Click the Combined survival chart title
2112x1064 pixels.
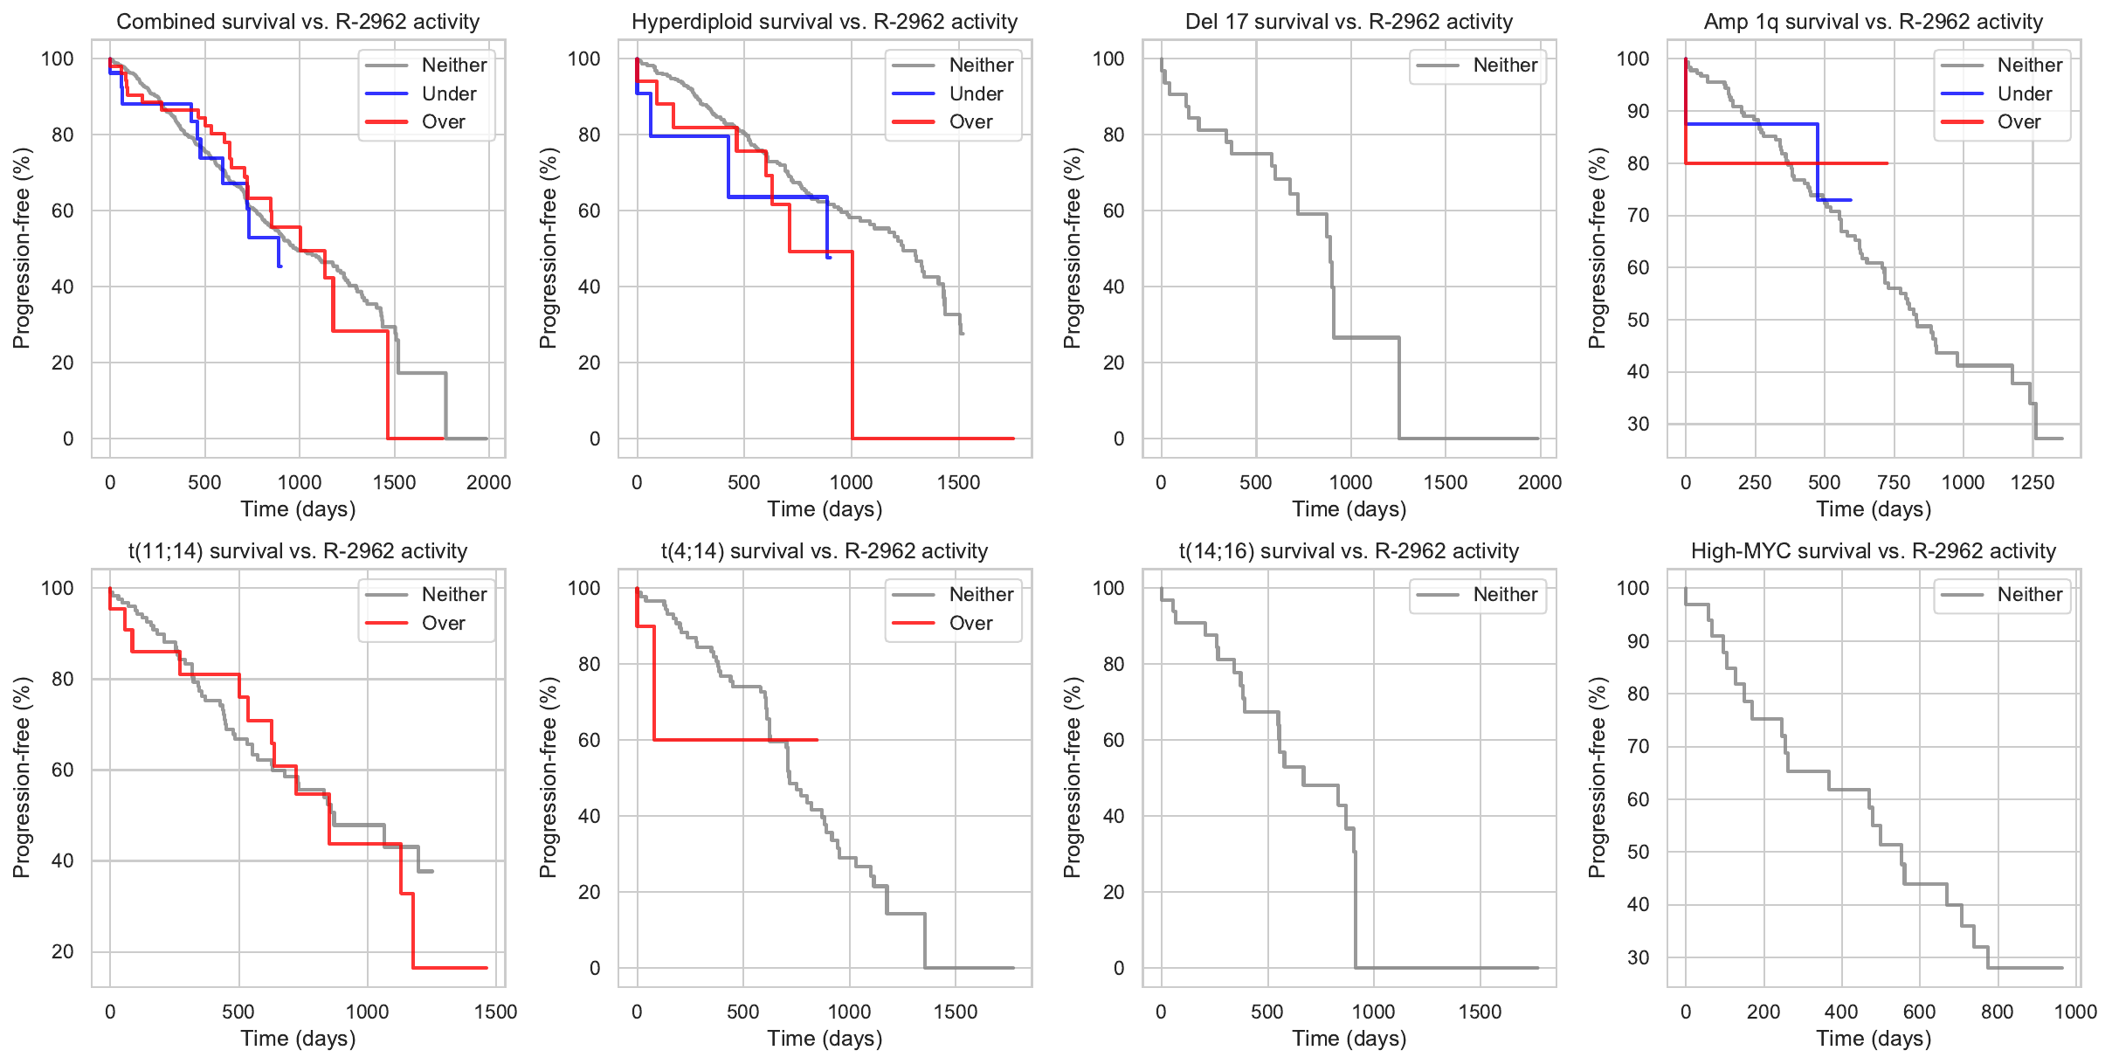[298, 22]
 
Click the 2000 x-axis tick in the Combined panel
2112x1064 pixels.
[488, 482]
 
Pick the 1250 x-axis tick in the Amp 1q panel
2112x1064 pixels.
[2033, 482]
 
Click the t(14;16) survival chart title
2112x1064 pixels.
[1349, 551]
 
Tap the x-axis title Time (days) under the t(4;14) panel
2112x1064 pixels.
[825, 1038]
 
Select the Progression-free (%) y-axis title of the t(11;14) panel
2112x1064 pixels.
[22, 777]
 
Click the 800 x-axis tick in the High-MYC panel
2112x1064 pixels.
[1998, 1012]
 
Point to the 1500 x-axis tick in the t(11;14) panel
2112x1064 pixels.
[495, 1012]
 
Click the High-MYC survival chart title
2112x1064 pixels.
[1873, 551]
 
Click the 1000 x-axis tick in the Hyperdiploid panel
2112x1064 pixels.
[851, 482]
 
